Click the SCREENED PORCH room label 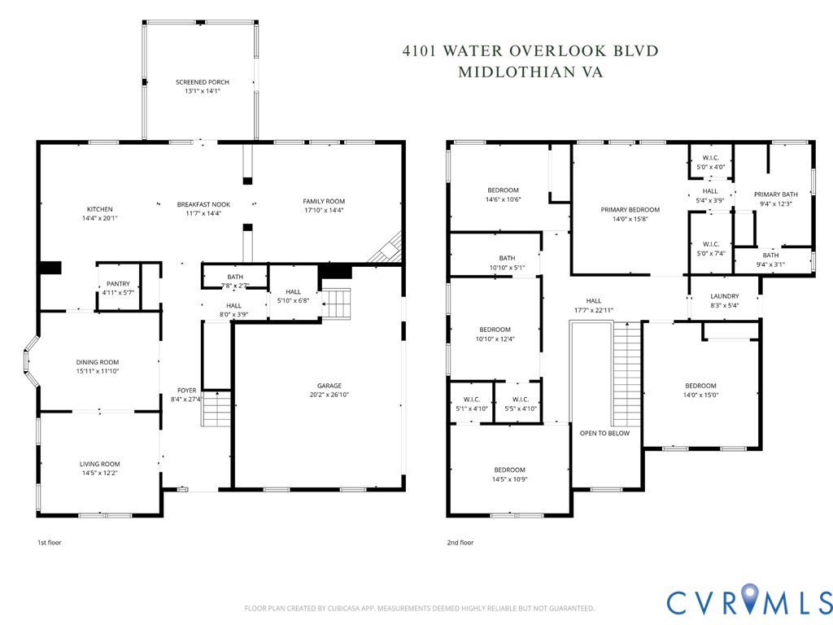[x=203, y=82]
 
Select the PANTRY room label [x=118, y=284]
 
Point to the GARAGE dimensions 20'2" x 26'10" [x=329, y=395]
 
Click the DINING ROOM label [x=98, y=362]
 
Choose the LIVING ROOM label [x=99, y=464]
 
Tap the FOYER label [x=187, y=391]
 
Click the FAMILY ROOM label [x=324, y=201]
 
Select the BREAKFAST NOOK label [x=203, y=204]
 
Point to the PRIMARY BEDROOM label [x=630, y=210]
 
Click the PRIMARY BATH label [x=775, y=194]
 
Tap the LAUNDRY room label [x=724, y=296]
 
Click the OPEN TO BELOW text [x=604, y=433]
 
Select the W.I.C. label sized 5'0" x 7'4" [x=710, y=243]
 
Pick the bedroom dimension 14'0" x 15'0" [x=700, y=395]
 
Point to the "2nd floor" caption [x=460, y=542]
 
